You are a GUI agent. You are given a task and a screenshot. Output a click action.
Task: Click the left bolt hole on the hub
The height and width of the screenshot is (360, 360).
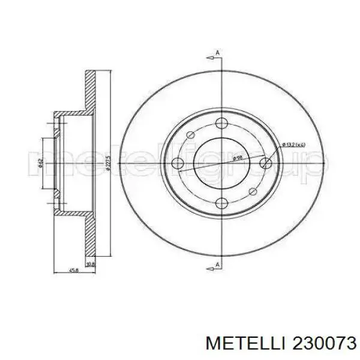[x=178, y=163]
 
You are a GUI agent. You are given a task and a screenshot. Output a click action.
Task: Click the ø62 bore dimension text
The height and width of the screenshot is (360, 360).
[x=40, y=162]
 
